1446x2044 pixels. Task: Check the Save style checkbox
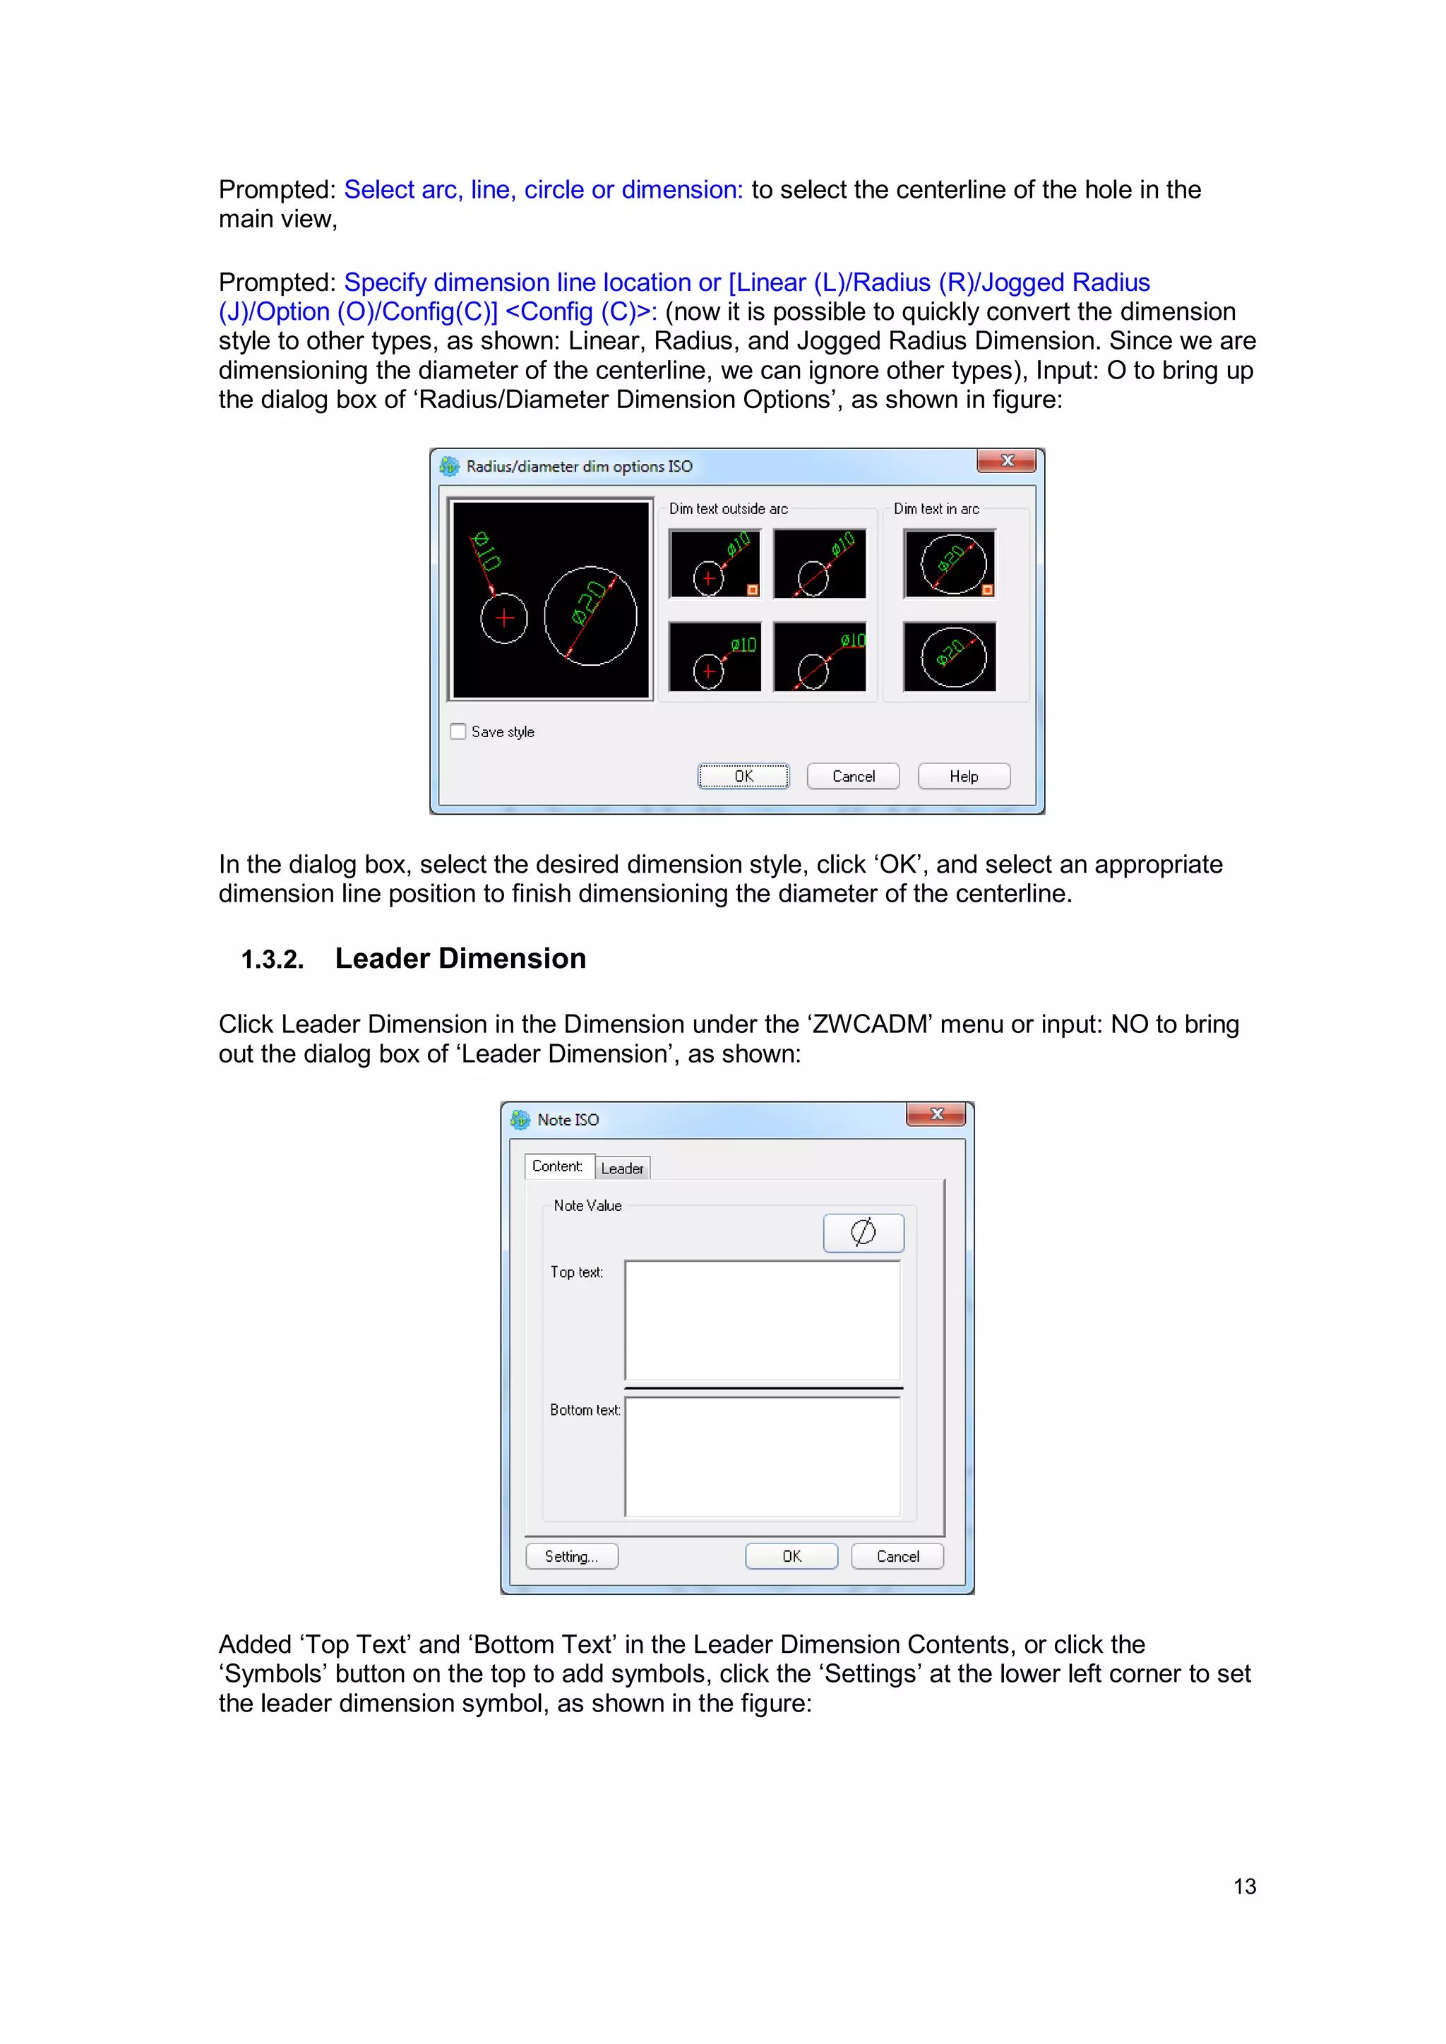(x=458, y=731)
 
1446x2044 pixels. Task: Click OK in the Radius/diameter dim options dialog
(x=743, y=776)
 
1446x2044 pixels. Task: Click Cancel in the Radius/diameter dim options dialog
(x=853, y=776)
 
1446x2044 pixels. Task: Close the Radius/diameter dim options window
(x=1006, y=460)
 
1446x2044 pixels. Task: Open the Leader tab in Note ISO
(x=621, y=1168)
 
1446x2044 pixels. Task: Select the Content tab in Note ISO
(x=557, y=1166)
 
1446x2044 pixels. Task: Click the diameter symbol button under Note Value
(x=863, y=1233)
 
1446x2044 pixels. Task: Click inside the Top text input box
(x=762, y=1320)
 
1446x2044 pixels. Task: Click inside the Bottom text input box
(x=762, y=1457)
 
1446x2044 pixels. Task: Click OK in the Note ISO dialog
(x=791, y=1556)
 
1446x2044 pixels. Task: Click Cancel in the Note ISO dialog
(x=897, y=1556)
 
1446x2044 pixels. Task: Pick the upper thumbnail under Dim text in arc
(x=949, y=563)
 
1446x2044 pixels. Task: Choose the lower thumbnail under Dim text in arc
(x=949, y=657)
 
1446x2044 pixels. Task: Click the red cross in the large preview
(x=505, y=617)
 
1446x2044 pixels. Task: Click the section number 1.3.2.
(x=273, y=960)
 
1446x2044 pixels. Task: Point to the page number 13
(x=1244, y=1887)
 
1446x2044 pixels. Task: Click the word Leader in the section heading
(x=383, y=958)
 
